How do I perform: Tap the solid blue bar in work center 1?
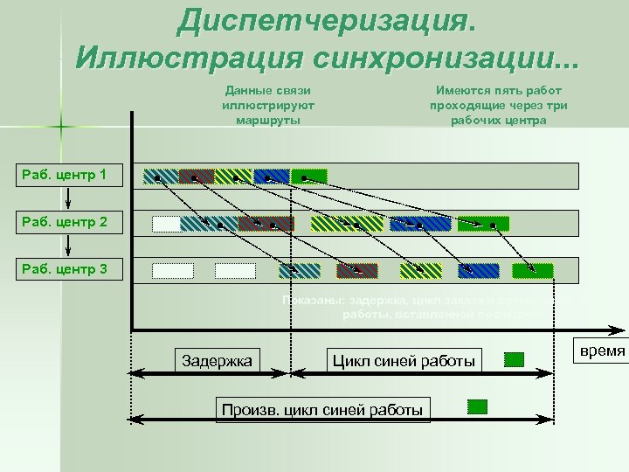click(x=272, y=176)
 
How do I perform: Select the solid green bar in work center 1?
click(x=308, y=176)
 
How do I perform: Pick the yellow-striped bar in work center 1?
click(x=233, y=176)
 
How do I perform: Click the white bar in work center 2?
click(x=165, y=224)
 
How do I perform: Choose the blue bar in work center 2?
click(x=420, y=224)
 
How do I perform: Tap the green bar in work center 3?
click(x=533, y=271)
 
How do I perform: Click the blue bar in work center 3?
click(x=478, y=271)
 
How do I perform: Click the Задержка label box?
click(x=216, y=360)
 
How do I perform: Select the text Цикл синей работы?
click(x=404, y=360)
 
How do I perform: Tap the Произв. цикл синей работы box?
click(x=322, y=409)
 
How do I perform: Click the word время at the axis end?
click(x=602, y=351)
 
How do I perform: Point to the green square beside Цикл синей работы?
click(x=515, y=359)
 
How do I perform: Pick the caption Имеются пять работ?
click(x=498, y=91)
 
